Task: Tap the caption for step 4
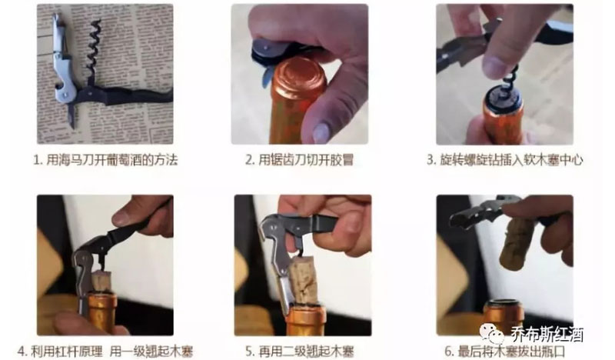pyautogui.click(x=105, y=351)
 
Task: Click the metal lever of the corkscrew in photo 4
pyautogui.click(x=83, y=269)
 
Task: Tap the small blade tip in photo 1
pyautogui.click(x=71, y=118)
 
